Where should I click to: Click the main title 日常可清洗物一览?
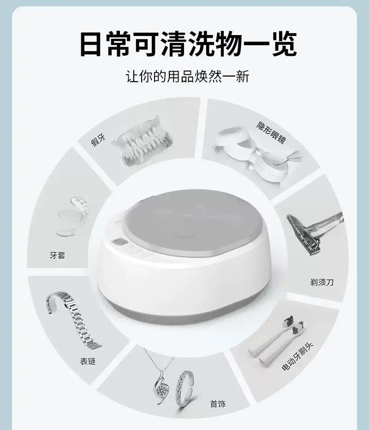click(x=188, y=44)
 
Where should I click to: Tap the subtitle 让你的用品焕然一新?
click(x=188, y=77)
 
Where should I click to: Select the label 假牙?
click(x=98, y=140)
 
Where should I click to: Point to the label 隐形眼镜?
click(x=271, y=133)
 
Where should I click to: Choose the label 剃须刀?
click(x=322, y=282)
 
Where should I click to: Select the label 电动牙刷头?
click(x=297, y=357)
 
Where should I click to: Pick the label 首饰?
click(x=218, y=404)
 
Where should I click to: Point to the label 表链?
click(x=88, y=361)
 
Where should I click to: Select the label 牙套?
click(x=58, y=255)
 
